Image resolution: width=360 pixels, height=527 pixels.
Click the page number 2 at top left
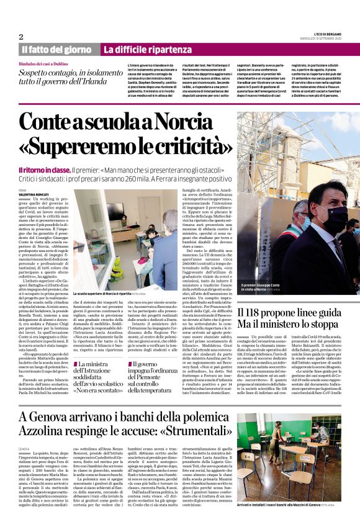pyautogui.click(x=21, y=36)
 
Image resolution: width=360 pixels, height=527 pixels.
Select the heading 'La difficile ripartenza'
pyautogui.click(x=147, y=49)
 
